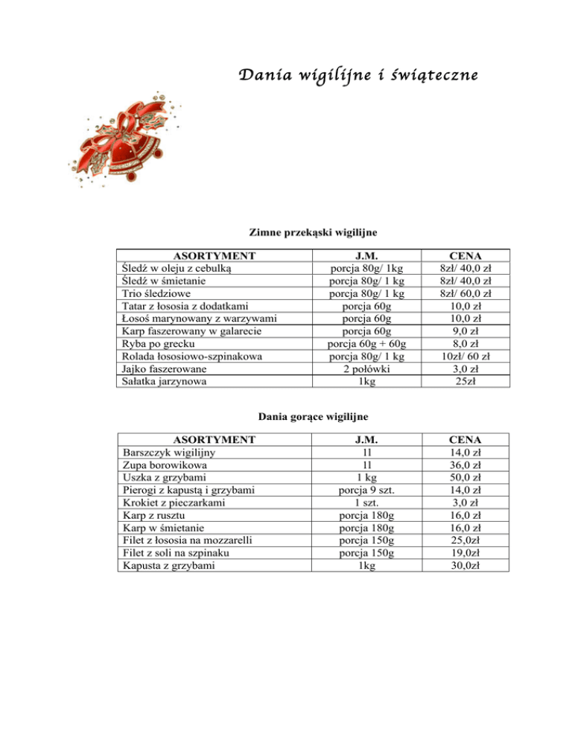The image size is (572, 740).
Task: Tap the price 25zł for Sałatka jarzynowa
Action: pyautogui.click(x=471, y=382)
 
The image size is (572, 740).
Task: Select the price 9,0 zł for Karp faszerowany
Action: pyautogui.click(x=471, y=331)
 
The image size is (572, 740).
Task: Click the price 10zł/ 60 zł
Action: pyautogui.click(x=471, y=357)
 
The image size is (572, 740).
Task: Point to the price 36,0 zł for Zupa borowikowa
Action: pyautogui.click(x=471, y=464)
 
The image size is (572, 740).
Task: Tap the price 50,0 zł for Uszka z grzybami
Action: pyautogui.click(x=471, y=476)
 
